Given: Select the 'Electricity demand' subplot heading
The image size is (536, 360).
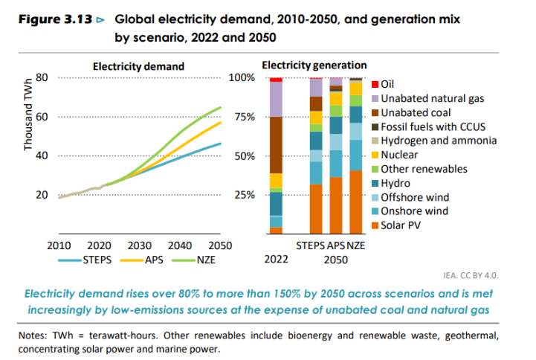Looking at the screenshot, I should (138, 66).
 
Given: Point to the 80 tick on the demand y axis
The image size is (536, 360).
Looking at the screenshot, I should (42, 77).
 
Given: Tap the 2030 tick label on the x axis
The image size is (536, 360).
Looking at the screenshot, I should (140, 245).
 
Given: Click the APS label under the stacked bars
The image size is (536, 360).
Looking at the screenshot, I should (337, 245).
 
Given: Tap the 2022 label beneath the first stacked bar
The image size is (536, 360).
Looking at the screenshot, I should (276, 260).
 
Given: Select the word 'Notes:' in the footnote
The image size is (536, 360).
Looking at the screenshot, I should (34, 335).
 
